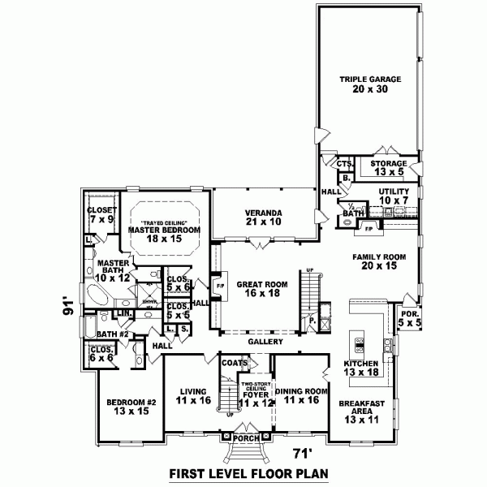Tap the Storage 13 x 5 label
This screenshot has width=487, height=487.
(x=388, y=168)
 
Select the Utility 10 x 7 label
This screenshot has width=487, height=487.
(x=394, y=196)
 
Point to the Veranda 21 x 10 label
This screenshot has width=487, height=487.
(x=263, y=217)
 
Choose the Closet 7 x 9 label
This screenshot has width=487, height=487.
(x=101, y=214)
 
